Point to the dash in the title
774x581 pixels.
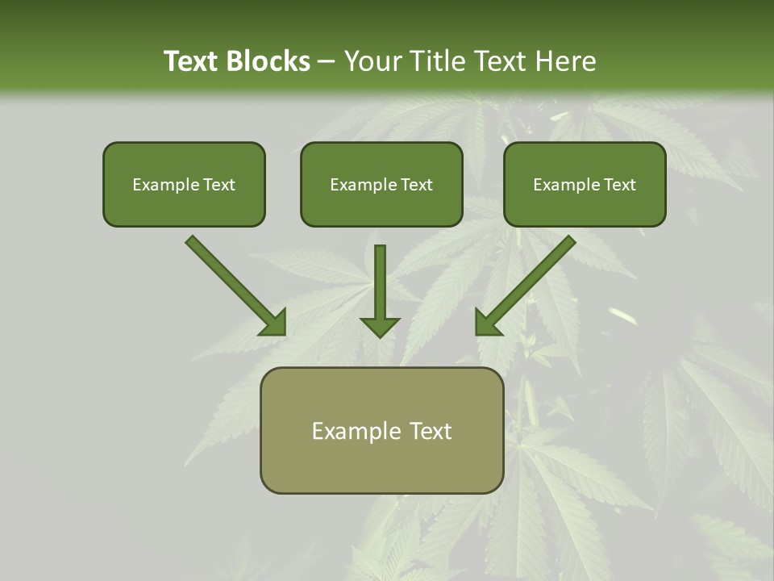coord(327,62)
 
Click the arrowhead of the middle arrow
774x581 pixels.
coord(380,325)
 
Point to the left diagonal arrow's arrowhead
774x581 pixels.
coord(275,323)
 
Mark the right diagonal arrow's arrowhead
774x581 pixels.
coord(486,323)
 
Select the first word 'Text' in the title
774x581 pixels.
coord(192,61)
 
